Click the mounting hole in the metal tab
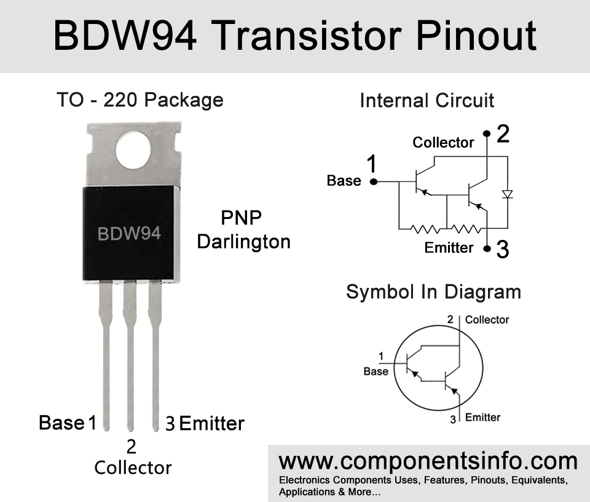(133, 150)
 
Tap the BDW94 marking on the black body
(129, 234)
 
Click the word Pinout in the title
(476, 36)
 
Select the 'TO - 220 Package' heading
(140, 100)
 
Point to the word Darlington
(244, 242)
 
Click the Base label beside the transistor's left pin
(61, 423)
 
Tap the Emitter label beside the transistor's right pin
(212, 423)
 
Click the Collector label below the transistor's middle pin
(133, 468)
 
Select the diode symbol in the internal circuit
(508, 194)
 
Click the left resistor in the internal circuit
(425, 229)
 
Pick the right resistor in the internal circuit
(466, 229)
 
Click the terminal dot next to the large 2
(487, 133)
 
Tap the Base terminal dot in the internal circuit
(374, 181)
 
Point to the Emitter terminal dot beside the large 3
(487, 249)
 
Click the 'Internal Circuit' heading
(427, 100)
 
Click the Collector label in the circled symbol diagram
(487, 320)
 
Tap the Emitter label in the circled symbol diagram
(483, 417)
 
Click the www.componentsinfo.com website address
(428, 461)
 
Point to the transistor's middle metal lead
(130, 356)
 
